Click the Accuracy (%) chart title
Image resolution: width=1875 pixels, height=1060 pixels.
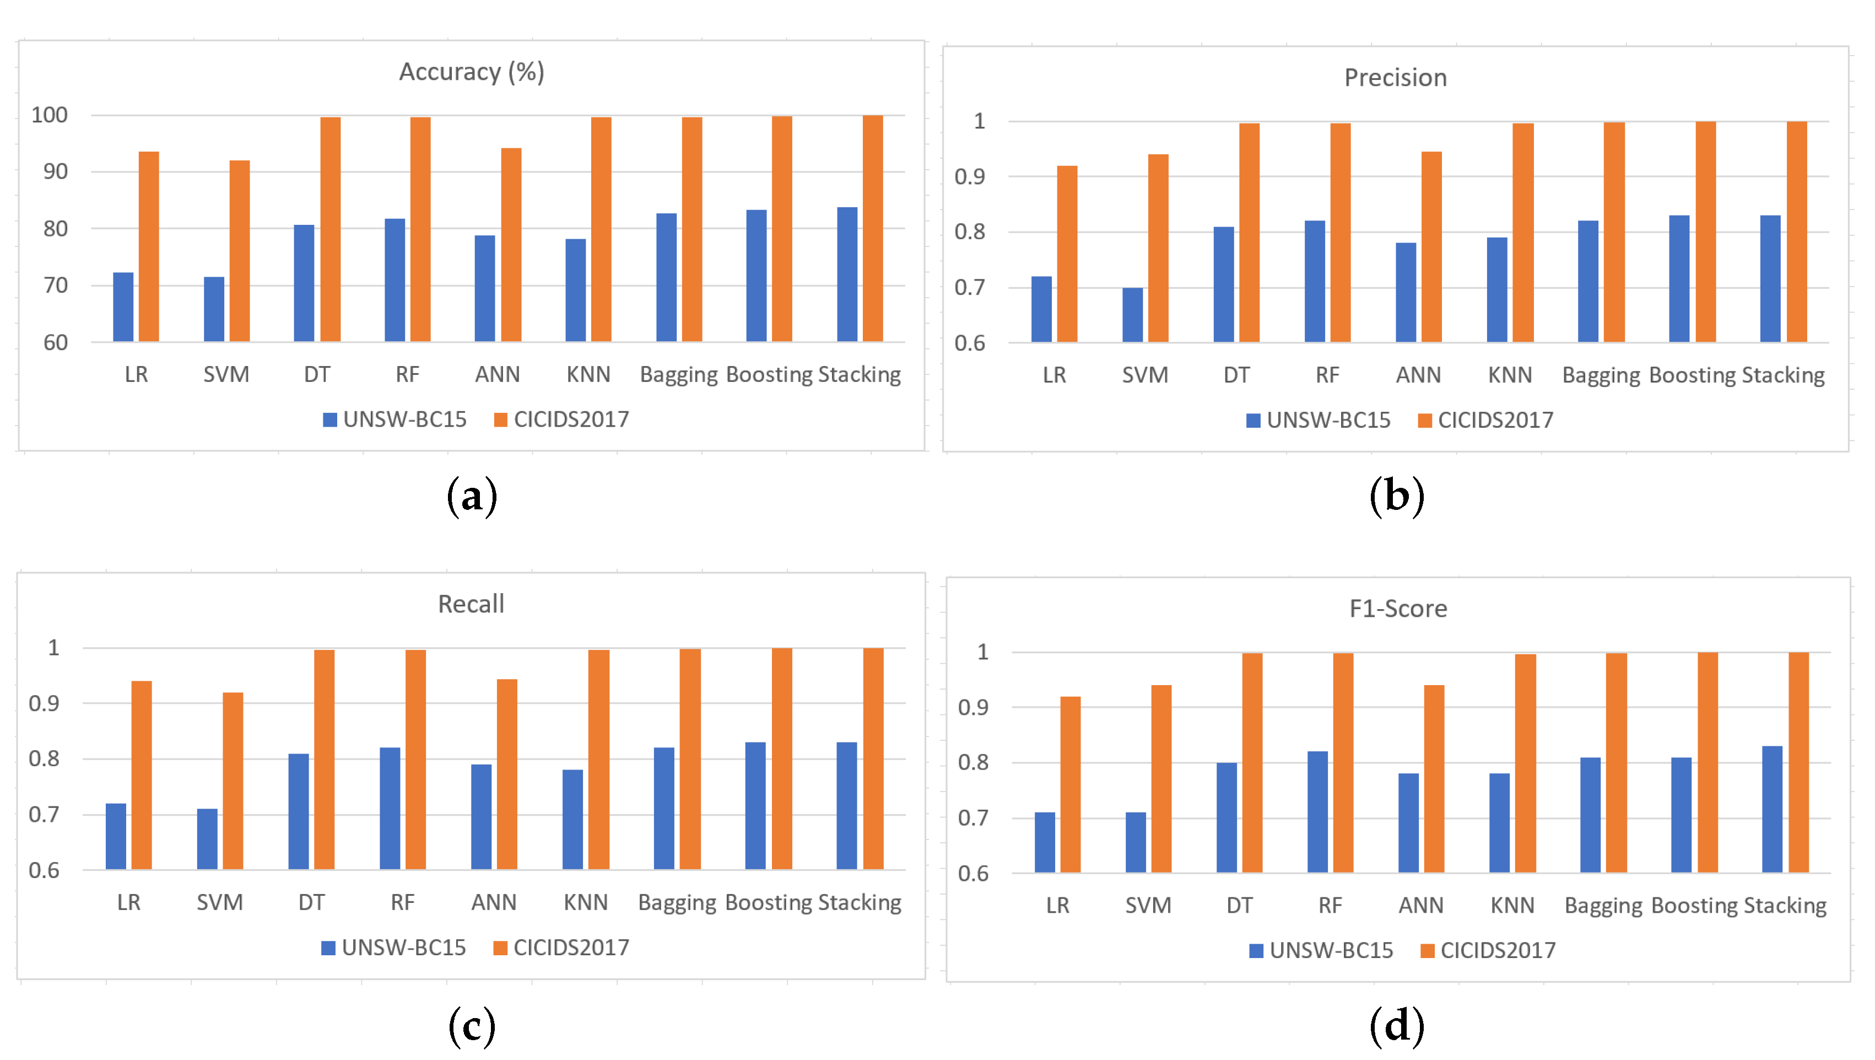pos(471,72)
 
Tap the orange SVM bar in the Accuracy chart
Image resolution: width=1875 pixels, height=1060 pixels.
pos(240,251)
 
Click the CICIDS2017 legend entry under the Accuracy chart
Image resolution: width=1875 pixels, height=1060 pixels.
pos(561,419)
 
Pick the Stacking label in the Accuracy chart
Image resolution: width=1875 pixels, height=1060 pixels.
pos(859,374)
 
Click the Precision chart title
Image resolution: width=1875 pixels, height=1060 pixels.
pos(1395,78)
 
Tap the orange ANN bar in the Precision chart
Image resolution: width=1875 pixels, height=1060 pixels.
pos(1431,247)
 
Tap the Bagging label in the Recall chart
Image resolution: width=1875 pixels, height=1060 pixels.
pos(677,903)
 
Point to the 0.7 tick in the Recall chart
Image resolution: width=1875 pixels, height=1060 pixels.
pos(44,815)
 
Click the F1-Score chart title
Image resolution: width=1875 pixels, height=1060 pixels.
pos(1397,609)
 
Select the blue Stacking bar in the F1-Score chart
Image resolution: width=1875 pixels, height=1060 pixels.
pos(1771,810)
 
